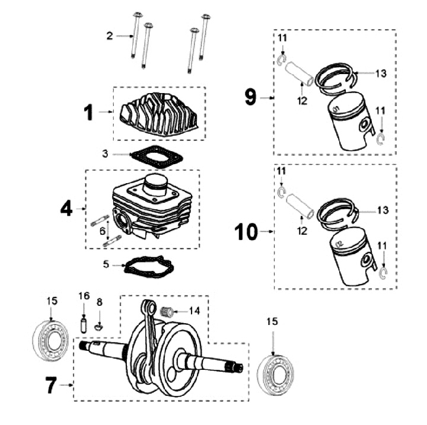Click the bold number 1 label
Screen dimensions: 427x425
pos(88,113)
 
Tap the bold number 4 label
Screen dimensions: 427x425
pos(66,209)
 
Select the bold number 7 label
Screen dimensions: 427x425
pos(51,385)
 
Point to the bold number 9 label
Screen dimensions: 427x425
pos(250,97)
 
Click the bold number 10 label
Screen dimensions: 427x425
pos(246,232)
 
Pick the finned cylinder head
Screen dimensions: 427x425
pos(160,114)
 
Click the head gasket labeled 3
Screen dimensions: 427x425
pos(157,156)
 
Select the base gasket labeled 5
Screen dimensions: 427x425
pos(149,267)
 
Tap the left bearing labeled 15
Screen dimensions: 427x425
pos(50,340)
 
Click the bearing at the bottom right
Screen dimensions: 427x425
pos(276,375)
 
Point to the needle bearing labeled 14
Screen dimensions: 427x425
pos(166,311)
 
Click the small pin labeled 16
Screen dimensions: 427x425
pos(84,324)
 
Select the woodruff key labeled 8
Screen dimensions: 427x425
pos(99,326)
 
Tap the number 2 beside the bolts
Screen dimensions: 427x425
pos(110,36)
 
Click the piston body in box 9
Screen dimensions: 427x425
pos(350,122)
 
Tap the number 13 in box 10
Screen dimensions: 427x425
pos(383,210)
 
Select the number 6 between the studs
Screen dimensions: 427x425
pos(103,231)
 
